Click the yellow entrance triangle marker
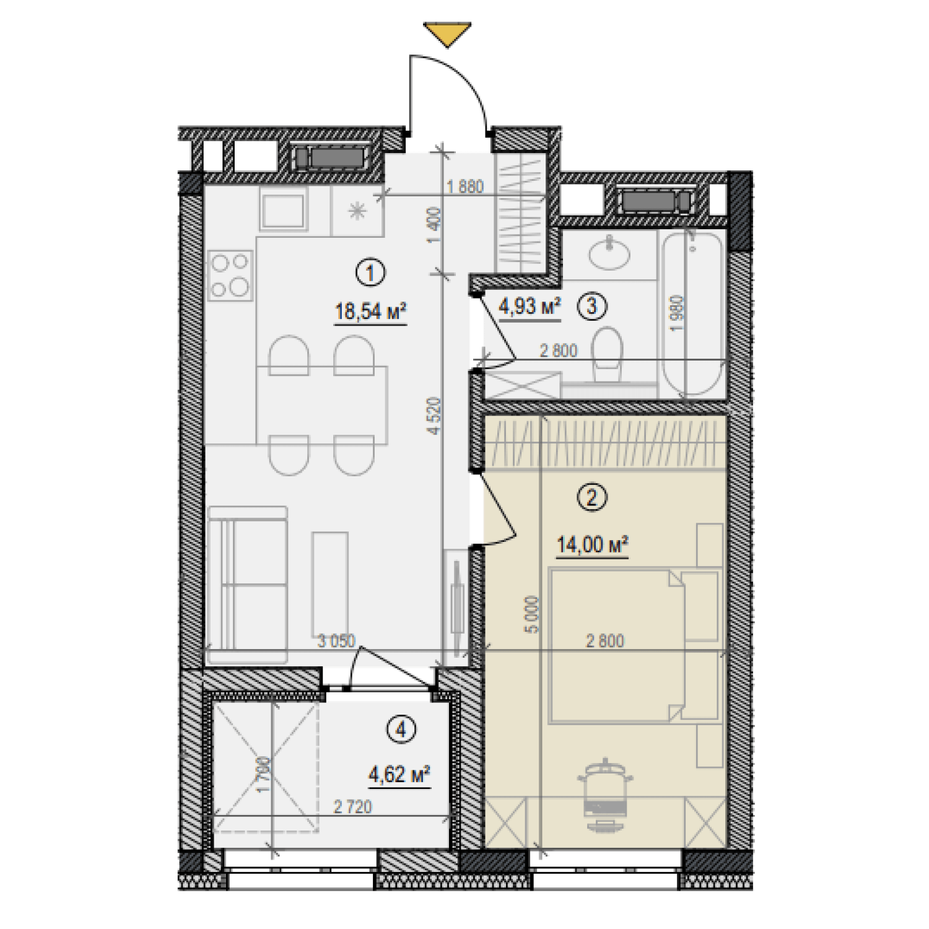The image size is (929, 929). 447,33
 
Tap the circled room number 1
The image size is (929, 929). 370,273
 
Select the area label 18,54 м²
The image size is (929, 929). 370,311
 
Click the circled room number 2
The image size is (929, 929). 592,497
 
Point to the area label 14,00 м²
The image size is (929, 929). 592,545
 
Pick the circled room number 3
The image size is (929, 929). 592,306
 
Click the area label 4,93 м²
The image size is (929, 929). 530,306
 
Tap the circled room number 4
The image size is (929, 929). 401,730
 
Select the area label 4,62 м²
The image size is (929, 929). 399,775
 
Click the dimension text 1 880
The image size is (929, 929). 465,186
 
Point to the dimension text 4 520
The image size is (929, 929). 435,416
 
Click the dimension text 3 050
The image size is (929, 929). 336,641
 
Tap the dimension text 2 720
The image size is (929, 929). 352,806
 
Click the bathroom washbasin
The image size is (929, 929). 609,253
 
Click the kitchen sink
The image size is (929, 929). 283,210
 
